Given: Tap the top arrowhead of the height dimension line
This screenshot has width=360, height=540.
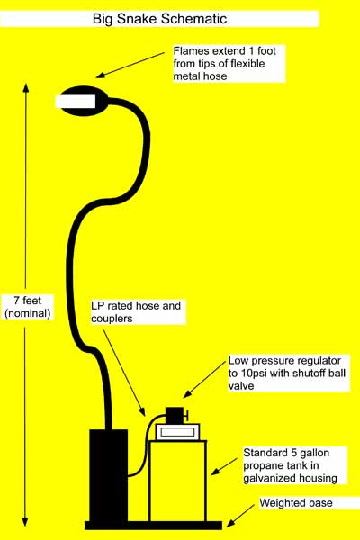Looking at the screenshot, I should (x=28, y=89).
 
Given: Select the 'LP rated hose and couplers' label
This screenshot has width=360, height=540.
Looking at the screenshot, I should (x=136, y=311).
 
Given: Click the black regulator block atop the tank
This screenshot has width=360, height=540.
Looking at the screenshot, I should (x=174, y=415).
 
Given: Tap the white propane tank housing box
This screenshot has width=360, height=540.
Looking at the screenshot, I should (x=177, y=477).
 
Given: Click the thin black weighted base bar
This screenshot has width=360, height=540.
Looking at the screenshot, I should (x=153, y=524).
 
